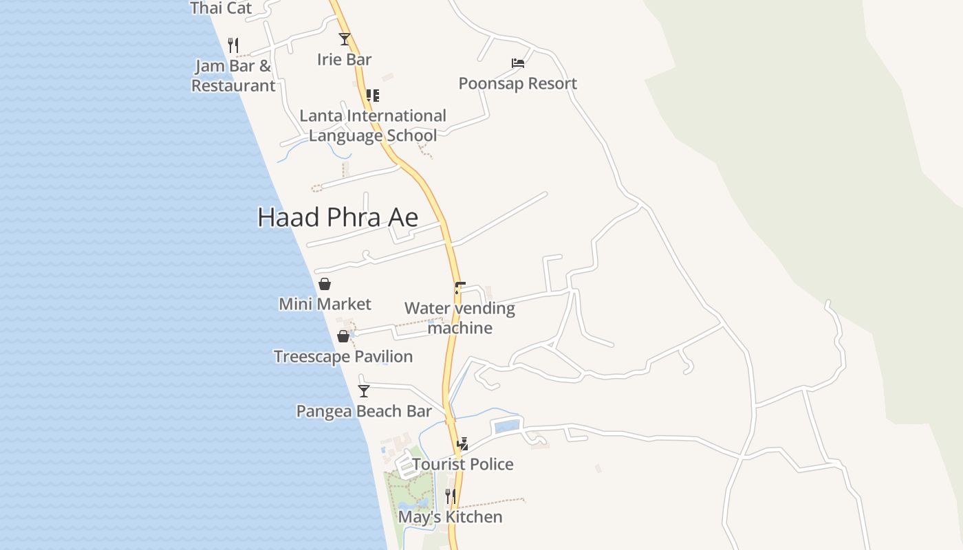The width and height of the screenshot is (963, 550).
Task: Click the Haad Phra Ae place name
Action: click(338, 217)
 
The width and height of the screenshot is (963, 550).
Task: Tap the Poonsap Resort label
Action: click(517, 83)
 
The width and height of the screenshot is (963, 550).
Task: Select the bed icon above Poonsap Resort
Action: click(518, 63)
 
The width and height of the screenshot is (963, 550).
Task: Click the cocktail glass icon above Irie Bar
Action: click(344, 39)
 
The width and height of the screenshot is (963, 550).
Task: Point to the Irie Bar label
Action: click(344, 59)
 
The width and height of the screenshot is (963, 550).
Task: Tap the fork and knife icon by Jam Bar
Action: click(233, 45)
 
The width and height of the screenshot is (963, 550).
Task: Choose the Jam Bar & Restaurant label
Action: click(233, 76)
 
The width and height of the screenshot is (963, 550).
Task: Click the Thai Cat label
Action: click(221, 8)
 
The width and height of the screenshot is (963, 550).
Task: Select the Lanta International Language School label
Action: click(373, 125)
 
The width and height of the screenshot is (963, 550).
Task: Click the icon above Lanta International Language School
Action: click(372, 96)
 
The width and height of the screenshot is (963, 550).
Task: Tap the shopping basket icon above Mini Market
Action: click(325, 284)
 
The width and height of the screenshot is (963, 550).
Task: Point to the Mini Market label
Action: click(325, 304)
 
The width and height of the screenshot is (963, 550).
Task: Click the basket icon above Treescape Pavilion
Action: click(343, 336)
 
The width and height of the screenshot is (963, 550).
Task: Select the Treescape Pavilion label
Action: click(343, 356)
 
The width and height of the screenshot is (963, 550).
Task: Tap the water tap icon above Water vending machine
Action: click(459, 287)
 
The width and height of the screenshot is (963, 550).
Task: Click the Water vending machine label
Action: click(459, 318)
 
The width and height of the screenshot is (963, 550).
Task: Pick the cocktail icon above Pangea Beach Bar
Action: click(364, 391)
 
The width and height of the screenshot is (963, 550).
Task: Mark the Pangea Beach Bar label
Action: click(364, 411)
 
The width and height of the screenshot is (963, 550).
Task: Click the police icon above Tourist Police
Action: click(462, 444)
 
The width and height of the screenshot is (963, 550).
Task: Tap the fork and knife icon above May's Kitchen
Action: click(451, 496)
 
